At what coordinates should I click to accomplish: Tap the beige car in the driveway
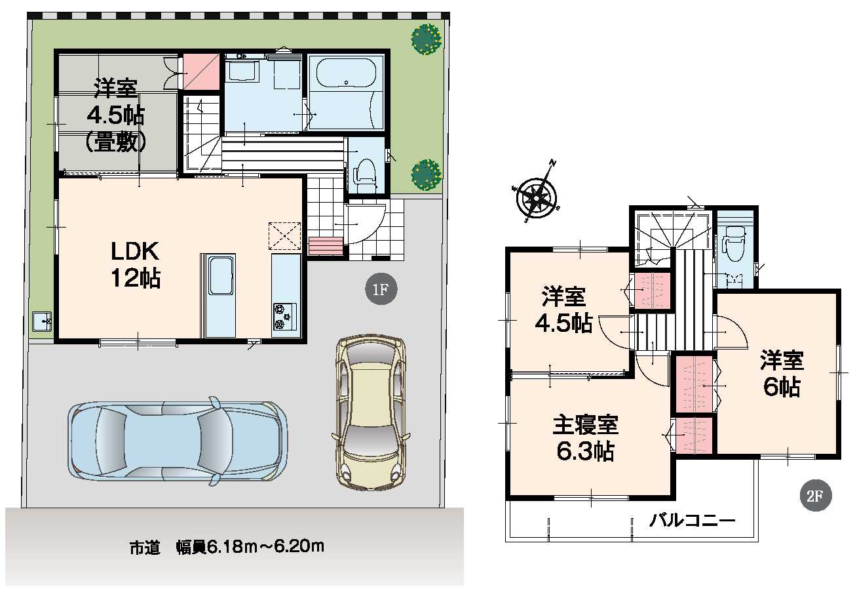point(371,413)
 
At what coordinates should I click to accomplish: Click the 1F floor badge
point(381,289)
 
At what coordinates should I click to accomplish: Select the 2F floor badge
point(815,496)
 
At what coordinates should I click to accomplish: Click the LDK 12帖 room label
point(136,264)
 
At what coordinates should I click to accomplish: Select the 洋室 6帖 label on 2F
point(782,373)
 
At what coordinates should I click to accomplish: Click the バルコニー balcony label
point(692,521)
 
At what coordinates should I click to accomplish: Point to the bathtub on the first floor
point(346,73)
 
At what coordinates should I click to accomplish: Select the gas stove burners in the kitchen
point(284,316)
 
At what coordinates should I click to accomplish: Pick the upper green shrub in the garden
point(426,39)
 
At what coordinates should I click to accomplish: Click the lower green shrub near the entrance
point(426,174)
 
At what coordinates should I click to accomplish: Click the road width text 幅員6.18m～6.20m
point(250,546)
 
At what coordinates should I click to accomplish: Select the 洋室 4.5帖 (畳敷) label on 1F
point(116,115)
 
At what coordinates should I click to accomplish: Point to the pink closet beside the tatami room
point(201,72)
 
